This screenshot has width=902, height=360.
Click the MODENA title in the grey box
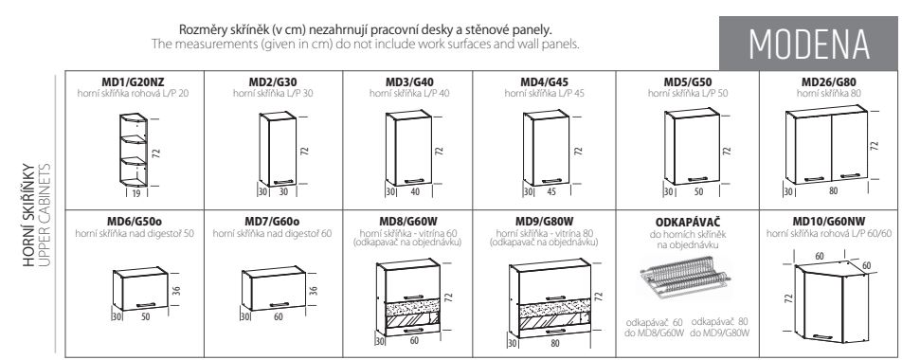[x=809, y=44]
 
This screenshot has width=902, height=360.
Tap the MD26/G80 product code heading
[x=829, y=82]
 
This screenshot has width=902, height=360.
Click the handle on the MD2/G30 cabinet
[x=283, y=182]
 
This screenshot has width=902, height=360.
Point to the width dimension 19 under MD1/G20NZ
[x=135, y=194]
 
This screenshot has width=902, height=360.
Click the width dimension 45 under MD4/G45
[x=551, y=192]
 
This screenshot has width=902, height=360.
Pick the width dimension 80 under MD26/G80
[x=833, y=191]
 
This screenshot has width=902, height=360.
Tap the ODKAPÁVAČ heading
[x=688, y=222]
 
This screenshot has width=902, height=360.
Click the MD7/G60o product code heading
[x=272, y=222]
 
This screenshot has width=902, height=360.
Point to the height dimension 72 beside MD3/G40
[x=440, y=151]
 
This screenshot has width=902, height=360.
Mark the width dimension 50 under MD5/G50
[x=697, y=192]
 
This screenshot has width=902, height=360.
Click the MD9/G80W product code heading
[x=544, y=222]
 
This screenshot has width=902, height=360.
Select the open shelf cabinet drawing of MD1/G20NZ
[x=133, y=150]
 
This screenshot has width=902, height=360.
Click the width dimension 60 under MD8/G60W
[x=414, y=341]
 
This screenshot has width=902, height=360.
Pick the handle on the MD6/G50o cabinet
[x=146, y=304]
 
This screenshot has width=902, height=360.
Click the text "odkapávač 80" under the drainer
[x=720, y=321]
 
